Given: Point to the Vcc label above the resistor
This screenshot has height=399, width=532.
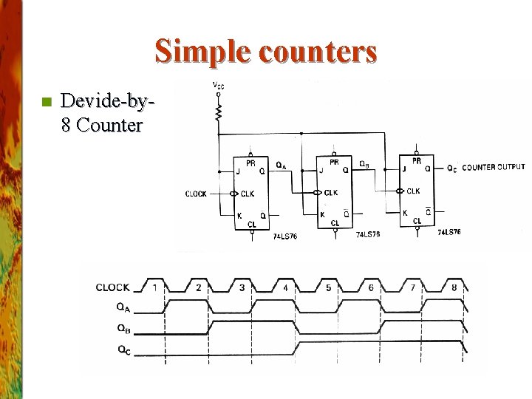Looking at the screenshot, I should (x=219, y=86).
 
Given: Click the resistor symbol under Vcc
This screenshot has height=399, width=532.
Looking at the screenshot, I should (x=219, y=112).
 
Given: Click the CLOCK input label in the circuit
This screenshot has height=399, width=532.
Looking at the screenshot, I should (x=196, y=194).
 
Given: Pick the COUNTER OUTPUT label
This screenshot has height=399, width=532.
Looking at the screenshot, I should (x=494, y=168).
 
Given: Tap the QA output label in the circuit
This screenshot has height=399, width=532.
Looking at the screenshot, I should (x=282, y=164).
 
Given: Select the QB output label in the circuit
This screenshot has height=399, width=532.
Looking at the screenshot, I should (x=364, y=164).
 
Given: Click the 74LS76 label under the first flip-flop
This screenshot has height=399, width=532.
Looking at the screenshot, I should (x=284, y=236).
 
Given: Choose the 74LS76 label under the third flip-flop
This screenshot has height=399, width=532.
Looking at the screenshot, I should (x=449, y=232).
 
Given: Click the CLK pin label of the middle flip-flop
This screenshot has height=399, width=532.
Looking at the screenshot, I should (x=331, y=192).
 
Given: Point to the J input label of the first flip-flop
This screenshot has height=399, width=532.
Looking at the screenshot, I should (x=238, y=171).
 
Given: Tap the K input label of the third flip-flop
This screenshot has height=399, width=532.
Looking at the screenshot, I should (x=405, y=213).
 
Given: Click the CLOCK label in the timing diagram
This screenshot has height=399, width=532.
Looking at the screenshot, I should (x=112, y=287).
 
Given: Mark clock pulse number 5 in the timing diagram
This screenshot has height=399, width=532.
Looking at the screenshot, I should (x=329, y=287).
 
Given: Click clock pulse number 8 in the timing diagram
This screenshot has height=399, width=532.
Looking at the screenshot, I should (x=454, y=287).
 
